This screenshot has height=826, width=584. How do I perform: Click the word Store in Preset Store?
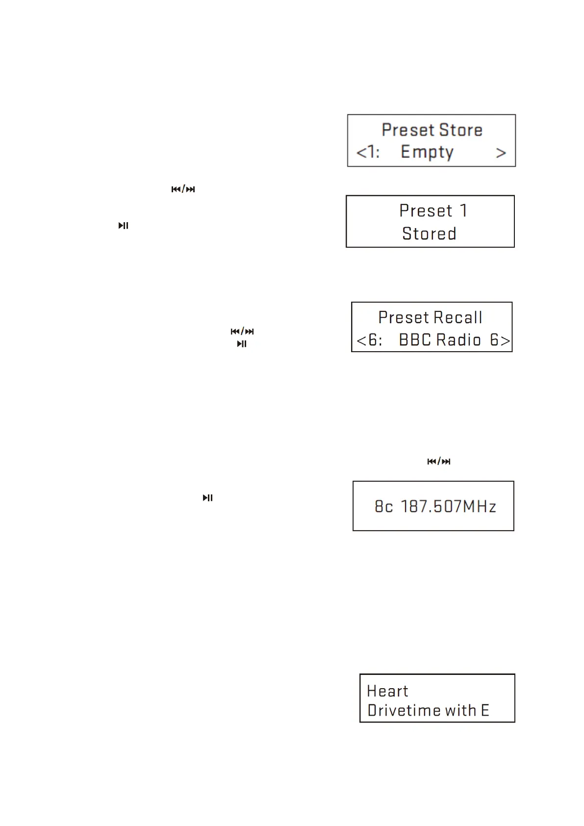pos(460,130)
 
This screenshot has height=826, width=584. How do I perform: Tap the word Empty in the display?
pos(427,152)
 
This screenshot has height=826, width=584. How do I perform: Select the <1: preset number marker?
pos(368,152)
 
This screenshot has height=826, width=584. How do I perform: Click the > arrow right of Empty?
pos(501,153)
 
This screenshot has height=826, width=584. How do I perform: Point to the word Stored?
pos(429,233)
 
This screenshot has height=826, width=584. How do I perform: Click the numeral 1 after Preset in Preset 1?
pos(463,211)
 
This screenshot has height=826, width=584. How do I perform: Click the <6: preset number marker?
pos(369,339)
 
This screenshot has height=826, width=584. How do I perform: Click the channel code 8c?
pos(383,506)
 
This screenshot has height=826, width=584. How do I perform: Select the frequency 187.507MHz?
pos(449,506)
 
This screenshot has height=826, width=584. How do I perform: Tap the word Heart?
pos(387,691)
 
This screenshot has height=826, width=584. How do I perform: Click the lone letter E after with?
pos(484,710)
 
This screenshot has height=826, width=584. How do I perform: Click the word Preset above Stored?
pos(426,211)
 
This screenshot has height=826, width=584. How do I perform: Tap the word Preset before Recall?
pos(404,317)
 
